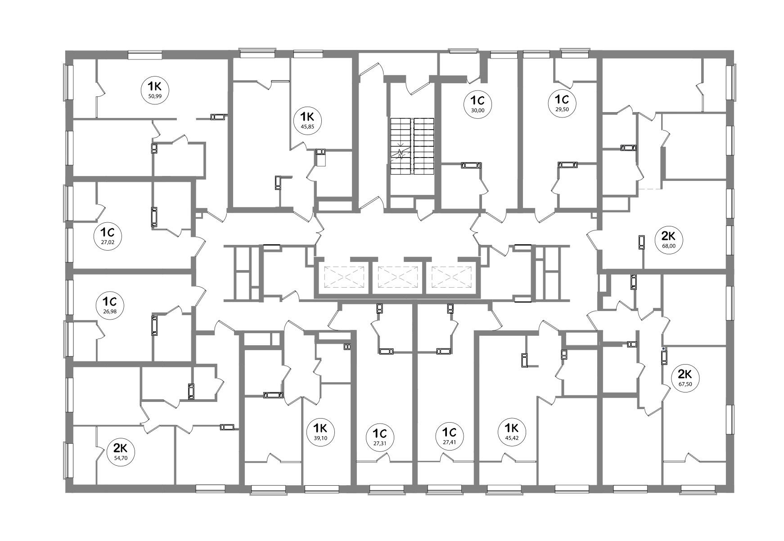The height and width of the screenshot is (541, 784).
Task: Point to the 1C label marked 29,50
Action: (563, 104)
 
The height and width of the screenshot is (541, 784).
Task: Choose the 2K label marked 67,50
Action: (684, 379)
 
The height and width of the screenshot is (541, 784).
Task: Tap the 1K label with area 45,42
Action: (512, 431)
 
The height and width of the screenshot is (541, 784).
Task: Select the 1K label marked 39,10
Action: (323, 431)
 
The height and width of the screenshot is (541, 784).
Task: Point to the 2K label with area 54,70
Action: (120, 452)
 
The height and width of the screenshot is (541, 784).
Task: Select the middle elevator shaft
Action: (398, 277)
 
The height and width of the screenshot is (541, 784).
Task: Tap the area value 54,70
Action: (120, 458)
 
